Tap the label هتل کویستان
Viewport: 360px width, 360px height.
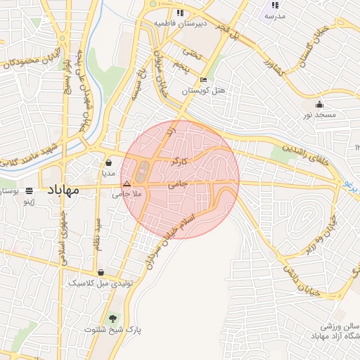205,91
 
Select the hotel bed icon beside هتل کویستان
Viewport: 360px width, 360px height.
203,79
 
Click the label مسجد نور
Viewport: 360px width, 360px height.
321,115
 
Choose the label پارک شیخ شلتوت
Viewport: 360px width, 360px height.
113,329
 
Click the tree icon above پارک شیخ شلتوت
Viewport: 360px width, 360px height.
113,318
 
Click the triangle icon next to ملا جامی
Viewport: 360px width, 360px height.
127,184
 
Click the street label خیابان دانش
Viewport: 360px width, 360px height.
302,278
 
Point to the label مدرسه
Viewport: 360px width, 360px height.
275,16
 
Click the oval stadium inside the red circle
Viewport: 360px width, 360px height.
144,170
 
